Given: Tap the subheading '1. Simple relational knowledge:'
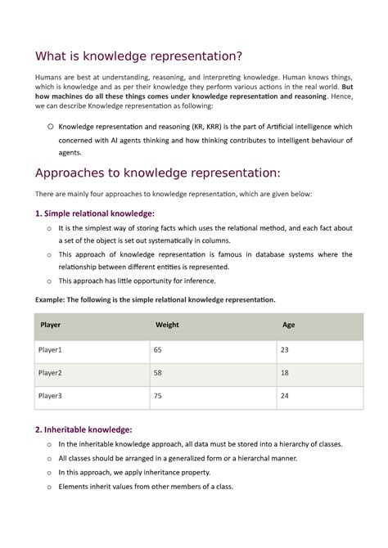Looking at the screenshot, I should (94, 213).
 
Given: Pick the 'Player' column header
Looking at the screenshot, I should (50, 325).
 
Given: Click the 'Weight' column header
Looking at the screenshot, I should (167, 325).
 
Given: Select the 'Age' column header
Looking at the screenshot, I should (288, 325).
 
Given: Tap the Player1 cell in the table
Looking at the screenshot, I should (51, 350).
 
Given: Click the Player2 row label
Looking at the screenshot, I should (51, 373).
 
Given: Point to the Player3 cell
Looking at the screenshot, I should (51, 396).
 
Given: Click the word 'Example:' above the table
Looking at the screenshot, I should (51, 300).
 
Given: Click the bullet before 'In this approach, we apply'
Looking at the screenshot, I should (50, 472).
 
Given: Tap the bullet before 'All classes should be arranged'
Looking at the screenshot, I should (50, 458).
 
